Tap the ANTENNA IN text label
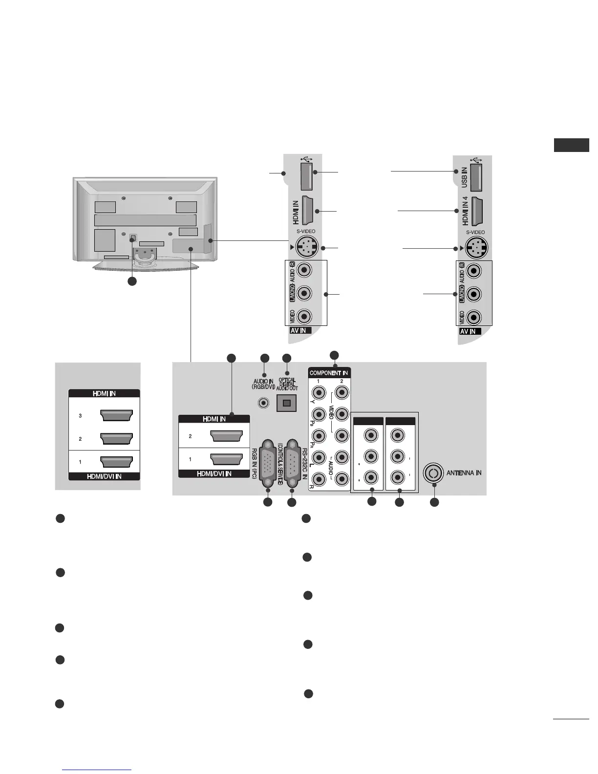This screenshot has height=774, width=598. [464, 473]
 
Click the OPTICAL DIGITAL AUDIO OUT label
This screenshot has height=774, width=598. [287, 384]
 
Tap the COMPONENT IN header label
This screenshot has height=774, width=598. [329, 373]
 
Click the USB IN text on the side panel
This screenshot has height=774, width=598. [464, 179]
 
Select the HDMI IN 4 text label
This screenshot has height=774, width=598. [465, 212]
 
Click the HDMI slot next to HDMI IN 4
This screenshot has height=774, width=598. [478, 211]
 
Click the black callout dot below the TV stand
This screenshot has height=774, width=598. [132, 281]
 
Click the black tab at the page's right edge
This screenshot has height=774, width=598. [571, 145]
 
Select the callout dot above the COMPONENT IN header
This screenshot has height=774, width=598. [334, 355]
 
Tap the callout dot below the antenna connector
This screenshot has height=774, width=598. [434, 502]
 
